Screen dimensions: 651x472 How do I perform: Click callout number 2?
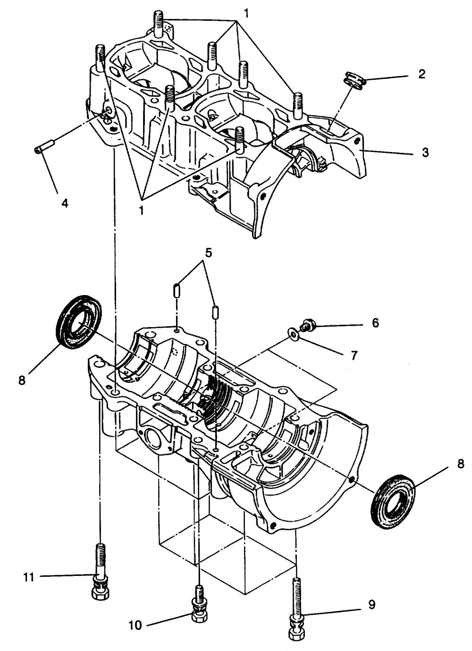(x=421, y=74)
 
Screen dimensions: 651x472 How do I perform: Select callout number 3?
(x=425, y=152)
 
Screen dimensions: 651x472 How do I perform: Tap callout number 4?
(x=65, y=203)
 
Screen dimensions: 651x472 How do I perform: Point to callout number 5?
(x=208, y=253)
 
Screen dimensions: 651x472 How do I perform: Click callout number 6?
(x=375, y=323)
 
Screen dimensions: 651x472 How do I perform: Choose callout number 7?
(x=354, y=355)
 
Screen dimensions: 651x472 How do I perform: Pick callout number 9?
(x=371, y=604)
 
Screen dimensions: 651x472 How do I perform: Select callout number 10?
(x=135, y=625)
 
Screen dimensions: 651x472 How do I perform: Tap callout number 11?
(x=29, y=577)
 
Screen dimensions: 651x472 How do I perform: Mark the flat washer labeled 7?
(x=294, y=335)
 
